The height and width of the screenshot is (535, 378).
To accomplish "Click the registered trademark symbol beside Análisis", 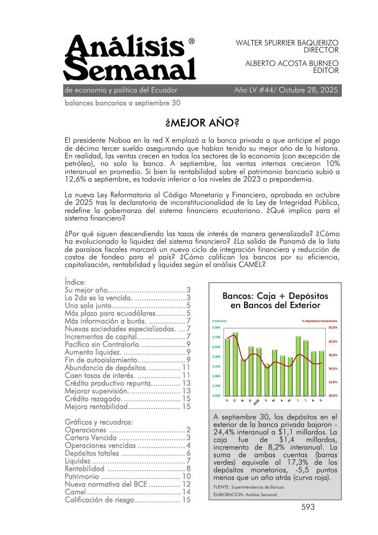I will (192, 41).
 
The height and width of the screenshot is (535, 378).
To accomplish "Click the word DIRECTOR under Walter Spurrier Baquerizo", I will (321, 50).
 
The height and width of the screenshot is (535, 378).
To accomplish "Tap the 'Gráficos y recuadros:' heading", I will (98, 422).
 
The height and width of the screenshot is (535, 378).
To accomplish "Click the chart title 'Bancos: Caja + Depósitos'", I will (275, 296).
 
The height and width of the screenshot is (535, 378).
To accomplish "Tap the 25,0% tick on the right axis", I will (333, 327).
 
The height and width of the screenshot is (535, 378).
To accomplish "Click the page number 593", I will (308, 507).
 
